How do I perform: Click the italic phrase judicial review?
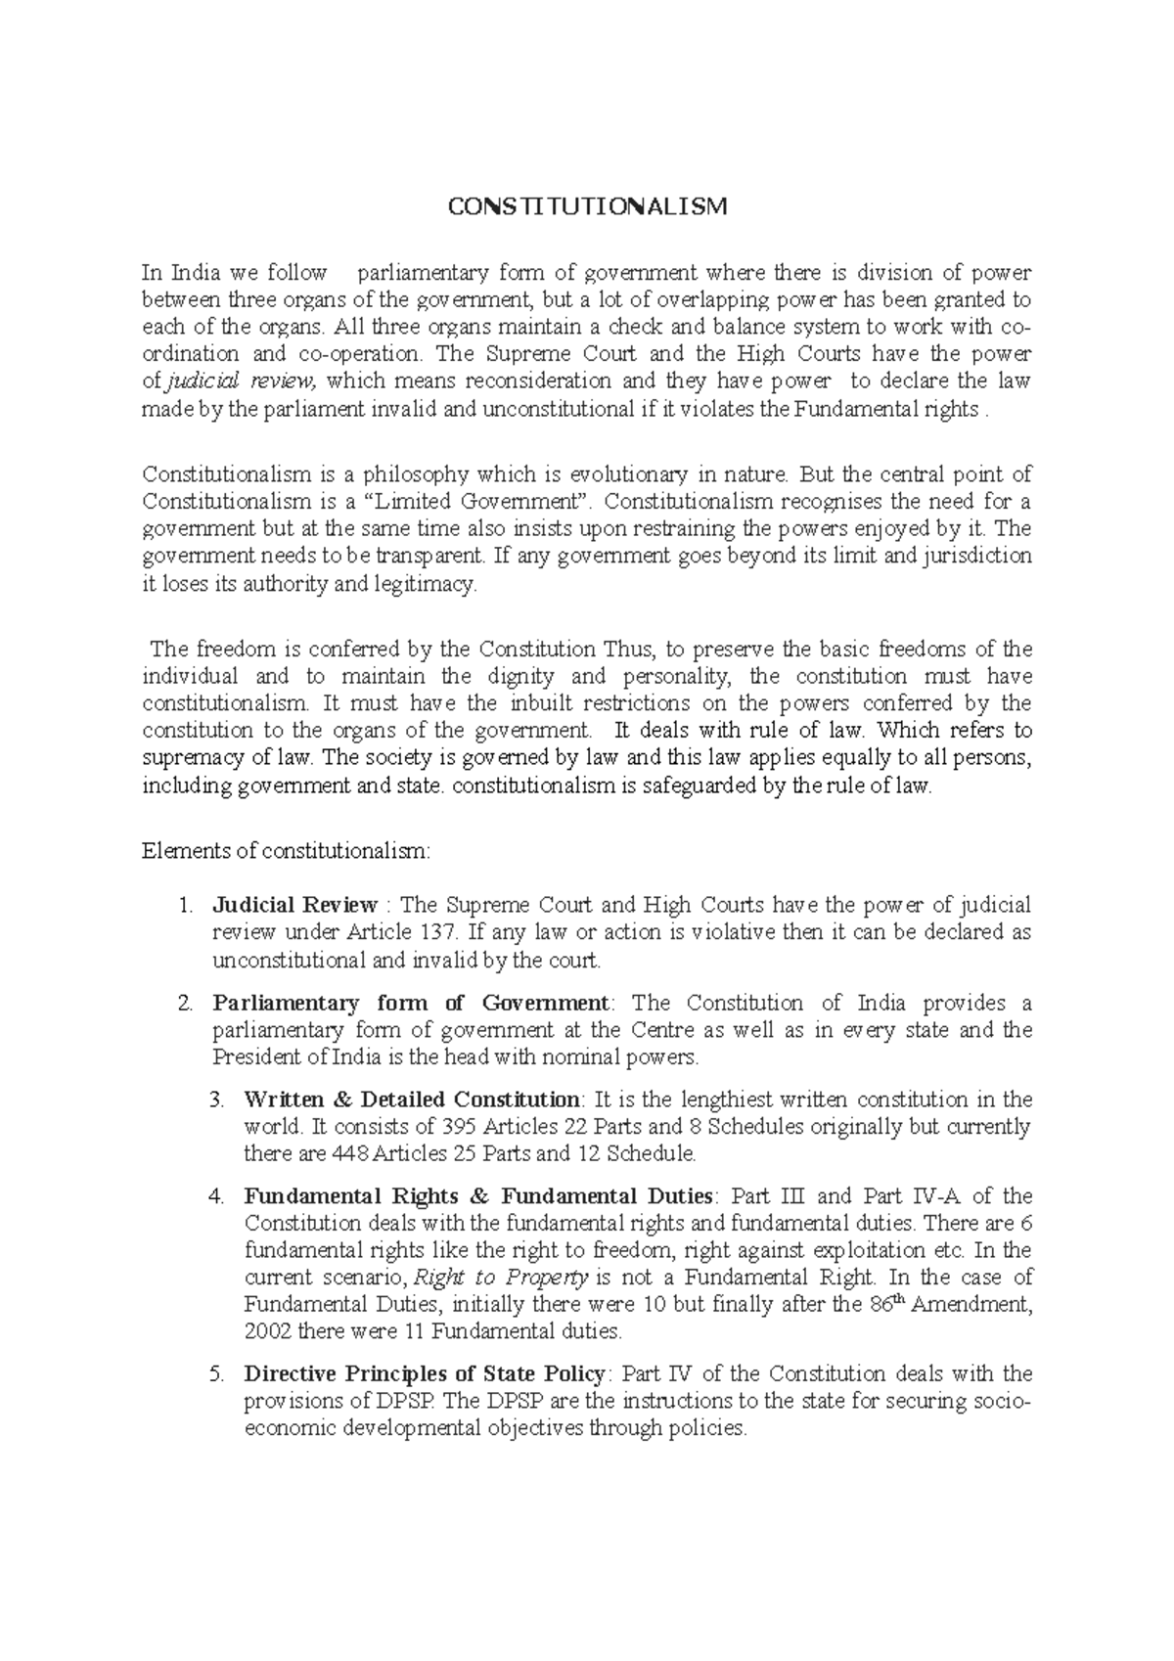(x=245, y=382)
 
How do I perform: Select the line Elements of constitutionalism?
(x=286, y=851)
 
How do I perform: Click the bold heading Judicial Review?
(x=294, y=905)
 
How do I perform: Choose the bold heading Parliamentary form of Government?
(x=410, y=1004)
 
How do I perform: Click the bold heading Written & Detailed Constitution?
(x=412, y=1100)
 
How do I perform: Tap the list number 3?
(x=216, y=1100)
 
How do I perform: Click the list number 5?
(x=216, y=1374)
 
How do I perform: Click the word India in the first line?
(x=193, y=273)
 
